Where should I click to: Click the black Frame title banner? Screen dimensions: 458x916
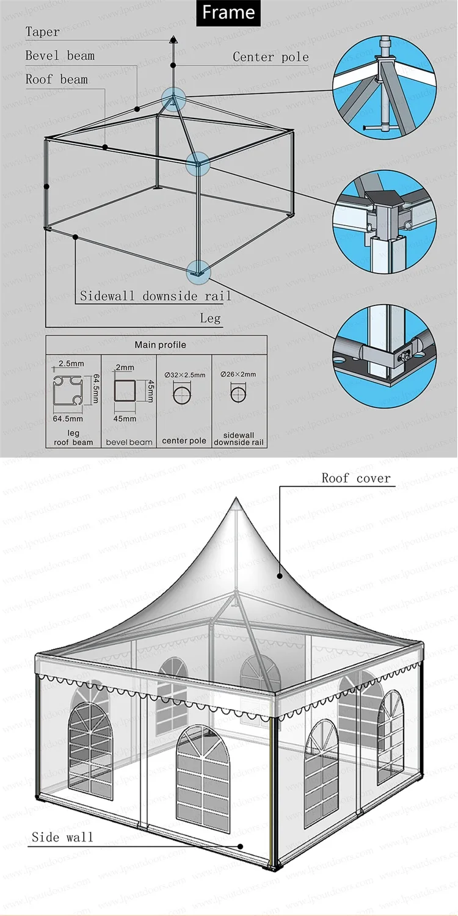pyautogui.click(x=228, y=13)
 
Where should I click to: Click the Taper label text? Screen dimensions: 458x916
pyautogui.click(x=43, y=32)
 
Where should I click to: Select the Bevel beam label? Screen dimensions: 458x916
pyautogui.click(x=60, y=56)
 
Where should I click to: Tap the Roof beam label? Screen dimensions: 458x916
pyautogui.click(x=57, y=79)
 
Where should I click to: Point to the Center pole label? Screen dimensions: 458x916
pyautogui.click(x=271, y=57)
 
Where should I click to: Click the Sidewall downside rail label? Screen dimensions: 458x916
pyautogui.click(x=156, y=296)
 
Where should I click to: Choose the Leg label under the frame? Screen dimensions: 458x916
pyautogui.click(x=210, y=318)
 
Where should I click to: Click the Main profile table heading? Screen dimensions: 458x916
pyautogui.click(x=161, y=345)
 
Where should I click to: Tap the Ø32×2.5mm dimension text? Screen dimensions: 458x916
pyautogui.click(x=185, y=374)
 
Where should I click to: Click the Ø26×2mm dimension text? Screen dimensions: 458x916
pyautogui.click(x=239, y=374)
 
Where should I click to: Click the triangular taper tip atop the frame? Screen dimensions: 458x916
pyautogui.click(x=173, y=38)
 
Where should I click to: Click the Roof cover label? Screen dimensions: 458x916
pyautogui.click(x=356, y=478)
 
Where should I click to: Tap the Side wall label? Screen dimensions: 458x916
pyautogui.click(x=63, y=837)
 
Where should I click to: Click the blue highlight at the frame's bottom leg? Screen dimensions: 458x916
pyautogui.click(x=198, y=272)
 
